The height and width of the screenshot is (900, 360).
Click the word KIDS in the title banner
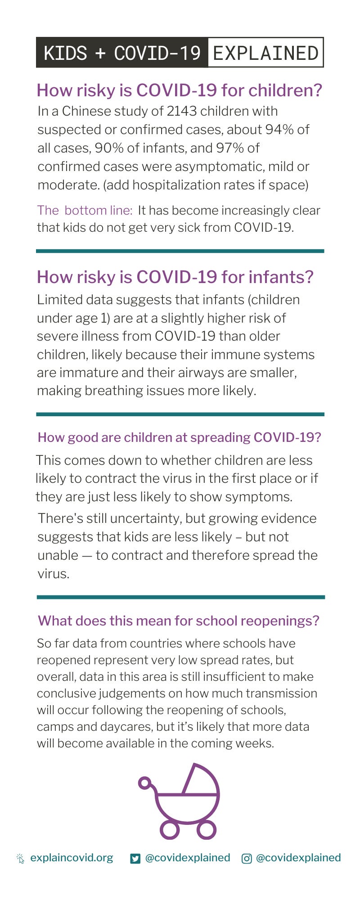point(65,53)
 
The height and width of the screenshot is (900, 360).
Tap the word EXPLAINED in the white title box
point(265,53)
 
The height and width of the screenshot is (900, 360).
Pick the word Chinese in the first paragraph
point(86,111)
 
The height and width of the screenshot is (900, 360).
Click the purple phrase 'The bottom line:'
point(85,211)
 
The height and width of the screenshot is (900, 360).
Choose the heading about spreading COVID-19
point(180,437)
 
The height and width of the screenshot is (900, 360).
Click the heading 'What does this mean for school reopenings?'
point(179,621)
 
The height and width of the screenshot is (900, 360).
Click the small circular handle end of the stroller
point(144,783)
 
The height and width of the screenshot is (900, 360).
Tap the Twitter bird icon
point(135,859)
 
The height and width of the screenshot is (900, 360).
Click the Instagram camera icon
point(247,859)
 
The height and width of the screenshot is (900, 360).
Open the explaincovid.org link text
point(72,858)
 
